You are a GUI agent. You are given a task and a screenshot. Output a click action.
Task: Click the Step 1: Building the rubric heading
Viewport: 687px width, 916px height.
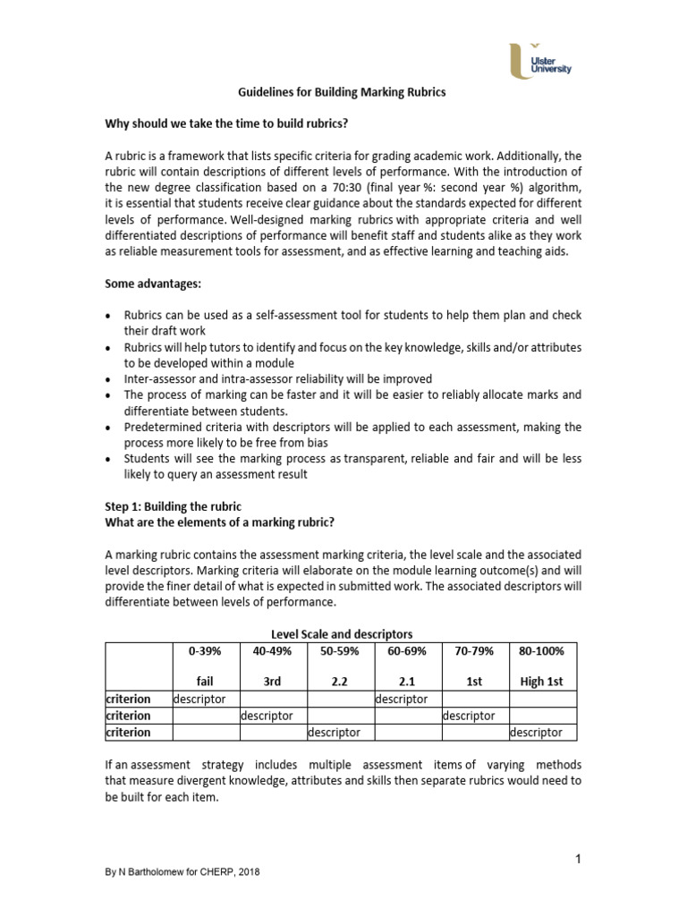(x=174, y=506)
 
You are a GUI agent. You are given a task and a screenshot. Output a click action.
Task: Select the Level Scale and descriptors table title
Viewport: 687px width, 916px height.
(x=342, y=634)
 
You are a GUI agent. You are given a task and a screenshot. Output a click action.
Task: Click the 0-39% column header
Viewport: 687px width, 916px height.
(x=206, y=651)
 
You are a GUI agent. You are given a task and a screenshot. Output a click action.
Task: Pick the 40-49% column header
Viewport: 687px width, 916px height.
(x=273, y=651)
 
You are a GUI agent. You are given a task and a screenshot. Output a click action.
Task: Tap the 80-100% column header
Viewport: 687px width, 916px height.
(x=541, y=651)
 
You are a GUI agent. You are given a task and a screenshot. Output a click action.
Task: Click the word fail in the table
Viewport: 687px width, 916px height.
(x=206, y=682)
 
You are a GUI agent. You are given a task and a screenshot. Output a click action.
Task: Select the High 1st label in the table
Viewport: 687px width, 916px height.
(x=541, y=682)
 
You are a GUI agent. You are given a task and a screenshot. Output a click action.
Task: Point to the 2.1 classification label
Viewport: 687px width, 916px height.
(x=407, y=682)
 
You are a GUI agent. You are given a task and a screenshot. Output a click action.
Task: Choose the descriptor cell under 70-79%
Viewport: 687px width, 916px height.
(x=470, y=716)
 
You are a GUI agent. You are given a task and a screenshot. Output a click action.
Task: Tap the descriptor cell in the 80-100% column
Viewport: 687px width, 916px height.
(x=537, y=733)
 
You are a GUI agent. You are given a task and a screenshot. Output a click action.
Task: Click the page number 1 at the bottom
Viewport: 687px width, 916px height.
(x=579, y=860)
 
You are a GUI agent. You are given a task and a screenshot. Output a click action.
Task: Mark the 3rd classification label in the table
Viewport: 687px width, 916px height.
(x=273, y=682)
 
